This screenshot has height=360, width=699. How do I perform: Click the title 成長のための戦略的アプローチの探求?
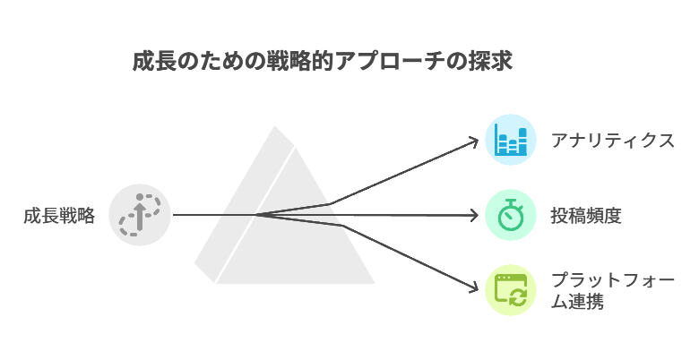pos(322,61)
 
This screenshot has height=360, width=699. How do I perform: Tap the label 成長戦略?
pos(59,216)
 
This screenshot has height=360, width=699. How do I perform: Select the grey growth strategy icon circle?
pos(140,215)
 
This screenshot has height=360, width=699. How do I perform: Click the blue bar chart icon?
pos(511,140)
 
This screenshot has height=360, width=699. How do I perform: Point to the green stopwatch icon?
pos(511,215)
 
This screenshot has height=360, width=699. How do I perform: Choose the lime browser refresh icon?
pos(511,290)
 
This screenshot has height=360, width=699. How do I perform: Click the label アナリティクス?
pos(612,141)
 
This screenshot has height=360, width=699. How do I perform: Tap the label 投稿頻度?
pos(586,216)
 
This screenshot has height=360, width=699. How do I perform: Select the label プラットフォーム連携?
pos(612,291)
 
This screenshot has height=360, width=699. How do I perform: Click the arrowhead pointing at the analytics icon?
pos(473,141)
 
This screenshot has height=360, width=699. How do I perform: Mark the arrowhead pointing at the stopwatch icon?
pos(474,215)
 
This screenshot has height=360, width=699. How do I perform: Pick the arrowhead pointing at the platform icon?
pos(473,288)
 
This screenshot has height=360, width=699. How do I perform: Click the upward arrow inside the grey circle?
pos(140,212)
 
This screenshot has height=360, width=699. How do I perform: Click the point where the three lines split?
pos(258,215)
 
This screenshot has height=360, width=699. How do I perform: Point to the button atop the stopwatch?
pos(511,201)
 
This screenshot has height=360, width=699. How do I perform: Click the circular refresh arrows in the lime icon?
pos(518,296)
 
